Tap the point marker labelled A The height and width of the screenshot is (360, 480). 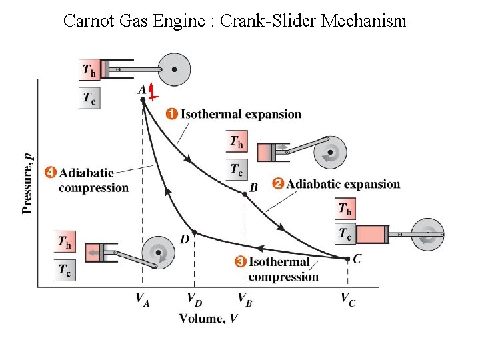click(x=143, y=100)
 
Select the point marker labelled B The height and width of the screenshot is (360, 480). click(x=245, y=193)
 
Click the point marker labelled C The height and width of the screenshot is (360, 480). click(x=347, y=258)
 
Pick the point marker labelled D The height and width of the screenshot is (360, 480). click(x=194, y=231)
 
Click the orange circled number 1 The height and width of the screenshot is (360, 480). click(x=172, y=114)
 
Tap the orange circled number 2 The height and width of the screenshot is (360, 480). click(x=278, y=183)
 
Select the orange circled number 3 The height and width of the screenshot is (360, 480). click(x=241, y=262)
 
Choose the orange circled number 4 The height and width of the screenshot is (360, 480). click(x=50, y=172)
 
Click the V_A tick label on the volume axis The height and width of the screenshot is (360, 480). click(x=143, y=299)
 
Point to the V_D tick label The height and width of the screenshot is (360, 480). click(x=194, y=299)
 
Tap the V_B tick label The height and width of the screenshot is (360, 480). click(x=245, y=299)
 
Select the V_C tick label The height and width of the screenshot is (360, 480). click(x=347, y=299)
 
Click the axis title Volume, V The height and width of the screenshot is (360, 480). click(x=208, y=319)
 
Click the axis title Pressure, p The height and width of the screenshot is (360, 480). click(x=27, y=183)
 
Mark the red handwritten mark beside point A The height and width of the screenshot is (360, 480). click(x=153, y=93)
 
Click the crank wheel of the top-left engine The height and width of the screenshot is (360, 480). click(x=174, y=69)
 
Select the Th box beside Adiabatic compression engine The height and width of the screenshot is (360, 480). click(x=65, y=241)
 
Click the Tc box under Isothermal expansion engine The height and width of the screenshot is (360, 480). click(x=237, y=170)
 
